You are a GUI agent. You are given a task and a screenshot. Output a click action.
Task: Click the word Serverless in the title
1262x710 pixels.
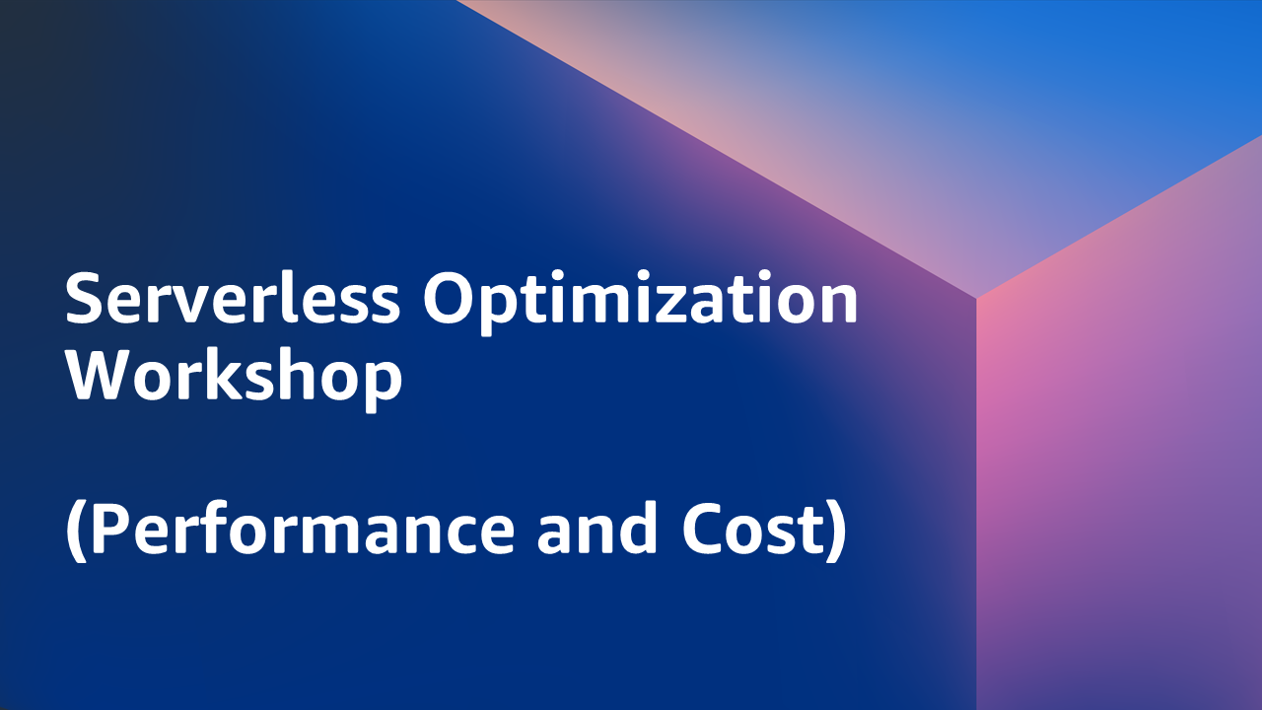pos(232,298)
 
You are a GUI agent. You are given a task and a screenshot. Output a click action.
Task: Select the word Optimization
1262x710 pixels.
pos(641,303)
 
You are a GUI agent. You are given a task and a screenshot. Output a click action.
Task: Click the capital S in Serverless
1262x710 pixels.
pos(86,299)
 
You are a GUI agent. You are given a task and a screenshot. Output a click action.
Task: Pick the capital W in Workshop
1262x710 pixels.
pos(102,376)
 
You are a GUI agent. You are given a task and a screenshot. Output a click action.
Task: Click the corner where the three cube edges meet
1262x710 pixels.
pos(976,297)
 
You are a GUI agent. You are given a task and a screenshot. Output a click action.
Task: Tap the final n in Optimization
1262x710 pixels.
pos(839,306)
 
